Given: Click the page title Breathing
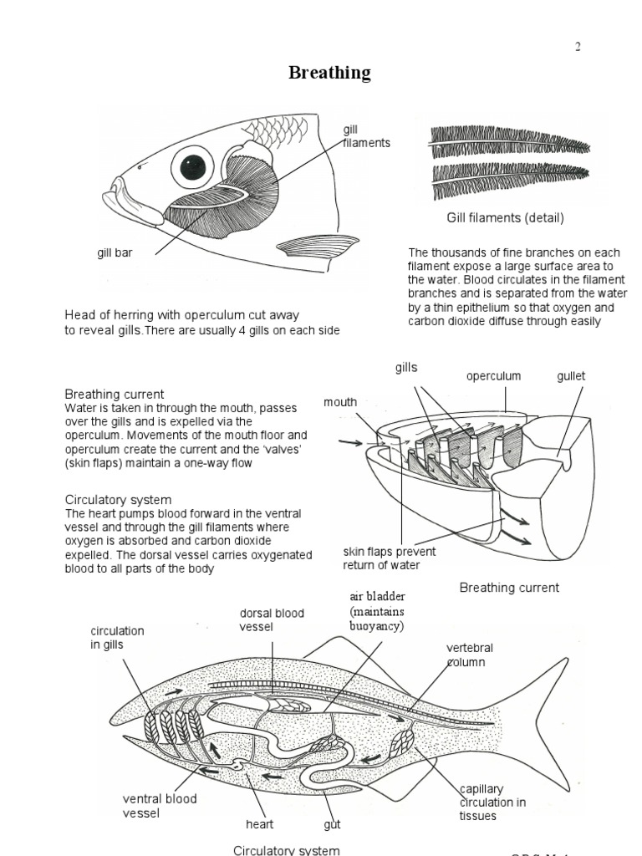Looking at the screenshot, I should [329, 73].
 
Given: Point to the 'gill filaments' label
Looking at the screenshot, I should [365, 136].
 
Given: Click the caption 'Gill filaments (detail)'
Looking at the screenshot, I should [505, 218].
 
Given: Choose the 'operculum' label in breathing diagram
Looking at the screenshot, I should [493, 376].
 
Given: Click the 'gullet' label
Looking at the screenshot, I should [571, 376].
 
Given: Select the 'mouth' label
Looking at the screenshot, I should [340, 402].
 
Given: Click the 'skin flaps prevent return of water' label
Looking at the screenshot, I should [389, 558].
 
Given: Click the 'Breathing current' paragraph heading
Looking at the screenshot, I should [115, 394].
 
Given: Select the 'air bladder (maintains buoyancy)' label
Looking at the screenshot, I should [377, 611].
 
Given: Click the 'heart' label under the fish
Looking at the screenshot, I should [260, 824].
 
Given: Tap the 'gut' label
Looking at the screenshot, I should [333, 824].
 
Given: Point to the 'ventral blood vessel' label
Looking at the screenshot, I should [160, 805].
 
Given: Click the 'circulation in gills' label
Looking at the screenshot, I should [117, 638].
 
